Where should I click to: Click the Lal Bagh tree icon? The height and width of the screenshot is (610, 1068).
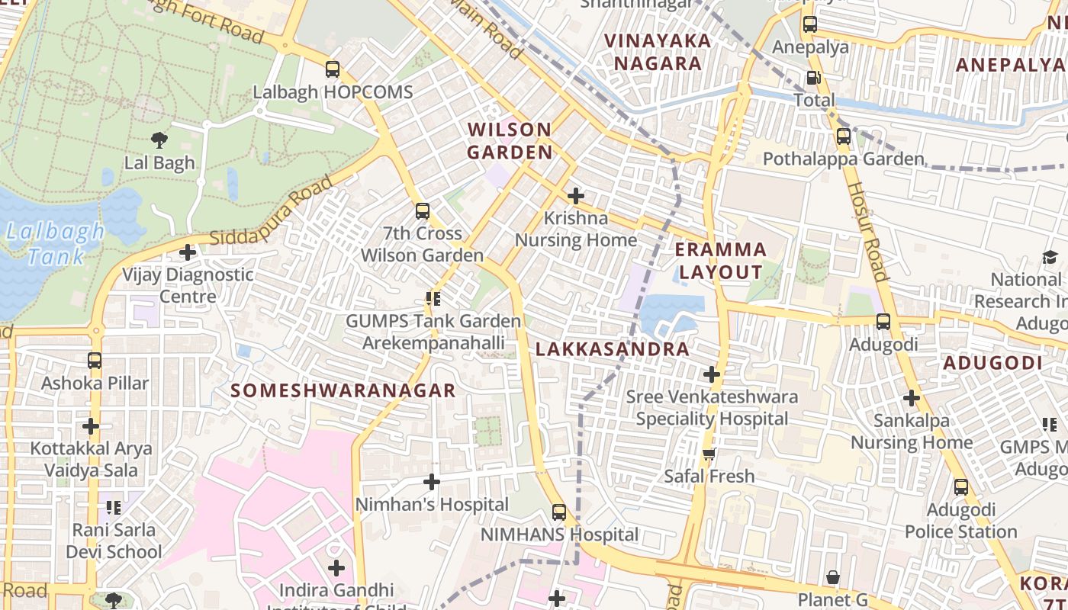pyautogui.click(x=159, y=140)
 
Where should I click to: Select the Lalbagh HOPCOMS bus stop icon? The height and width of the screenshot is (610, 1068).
pyautogui.click(x=332, y=69)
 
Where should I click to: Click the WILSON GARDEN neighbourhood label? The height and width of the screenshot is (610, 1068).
pyautogui.click(x=510, y=140)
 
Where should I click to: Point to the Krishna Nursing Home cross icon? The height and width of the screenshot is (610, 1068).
pyautogui.click(x=576, y=195)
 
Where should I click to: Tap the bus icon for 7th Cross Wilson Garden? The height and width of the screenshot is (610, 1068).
pyautogui.click(x=422, y=211)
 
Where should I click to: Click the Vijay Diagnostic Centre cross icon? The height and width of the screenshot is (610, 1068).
pyautogui.click(x=188, y=252)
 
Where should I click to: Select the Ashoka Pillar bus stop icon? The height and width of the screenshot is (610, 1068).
pyautogui.click(x=95, y=361)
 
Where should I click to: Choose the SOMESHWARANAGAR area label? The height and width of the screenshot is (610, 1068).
pyautogui.click(x=343, y=390)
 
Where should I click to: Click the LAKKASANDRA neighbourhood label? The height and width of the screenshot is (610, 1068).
pyautogui.click(x=613, y=349)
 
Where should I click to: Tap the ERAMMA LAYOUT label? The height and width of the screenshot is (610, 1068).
pyautogui.click(x=721, y=261)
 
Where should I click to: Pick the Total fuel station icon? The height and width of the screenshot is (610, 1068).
pyautogui.click(x=814, y=78)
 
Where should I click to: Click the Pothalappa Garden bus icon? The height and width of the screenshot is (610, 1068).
pyautogui.click(x=843, y=137)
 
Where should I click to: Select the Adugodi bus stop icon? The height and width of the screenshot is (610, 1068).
pyautogui.click(x=883, y=322)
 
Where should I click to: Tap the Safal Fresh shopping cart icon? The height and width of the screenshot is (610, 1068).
pyautogui.click(x=709, y=454)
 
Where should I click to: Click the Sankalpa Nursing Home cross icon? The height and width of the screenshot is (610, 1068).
pyautogui.click(x=911, y=398)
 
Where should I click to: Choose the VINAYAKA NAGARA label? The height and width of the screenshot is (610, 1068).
pyautogui.click(x=658, y=52)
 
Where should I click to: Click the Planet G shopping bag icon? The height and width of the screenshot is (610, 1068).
pyautogui.click(x=833, y=577)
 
